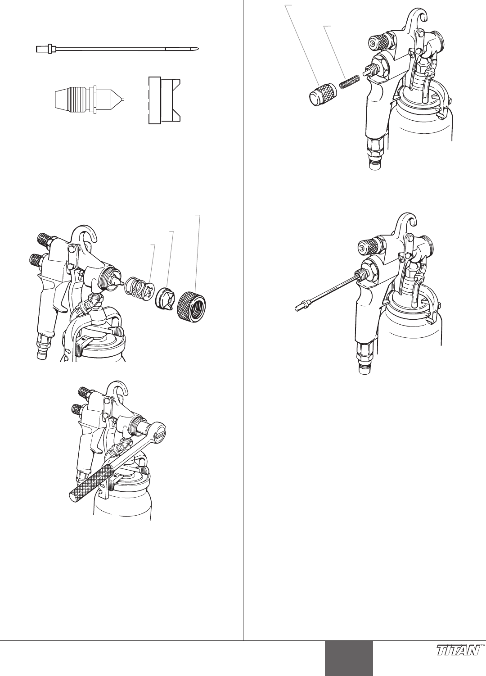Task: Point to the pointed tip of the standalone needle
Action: click(198, 49)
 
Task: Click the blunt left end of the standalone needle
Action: click(37, 49)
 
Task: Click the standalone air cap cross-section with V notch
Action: click(165, 100)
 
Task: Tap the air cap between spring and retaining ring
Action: click(165, 299)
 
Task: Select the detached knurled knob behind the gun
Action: click(322, 94)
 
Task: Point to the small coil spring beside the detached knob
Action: click(350, 82)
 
